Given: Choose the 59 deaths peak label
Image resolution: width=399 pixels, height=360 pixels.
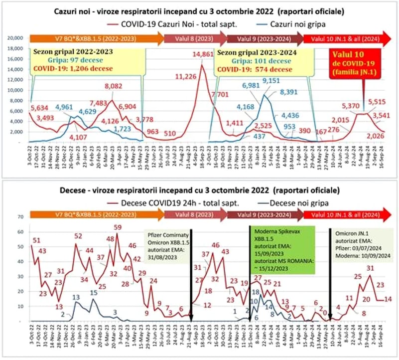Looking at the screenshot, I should click(x=118, y=228).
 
